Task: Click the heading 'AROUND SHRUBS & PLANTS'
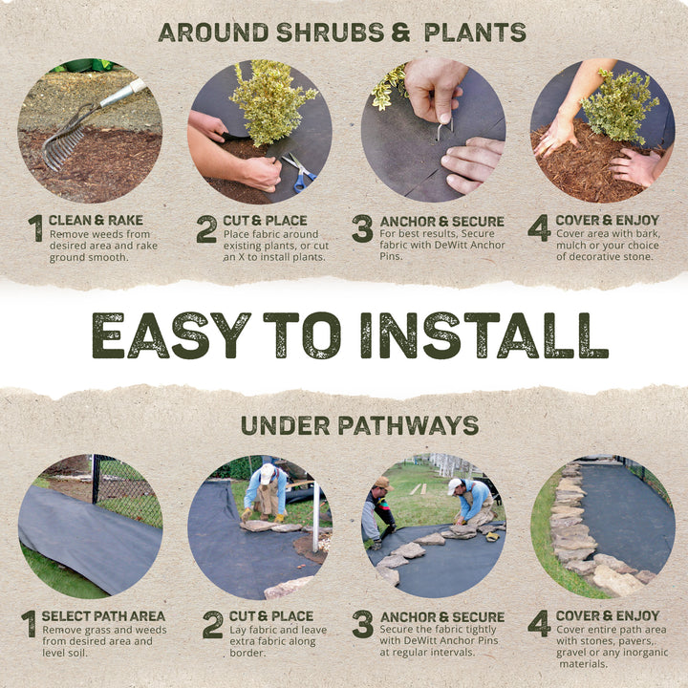(342, 32)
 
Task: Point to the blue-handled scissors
(299, 172)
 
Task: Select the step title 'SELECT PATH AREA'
(102, 616)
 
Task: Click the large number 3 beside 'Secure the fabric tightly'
(362, 624)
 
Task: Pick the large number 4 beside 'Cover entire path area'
(539, 624)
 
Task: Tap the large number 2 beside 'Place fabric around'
(206, 229)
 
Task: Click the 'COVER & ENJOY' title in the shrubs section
(607, 221)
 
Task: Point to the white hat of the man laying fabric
(268, 471)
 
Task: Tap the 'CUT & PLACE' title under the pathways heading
(269, 616)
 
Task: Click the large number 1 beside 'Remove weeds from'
(35, 229)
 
